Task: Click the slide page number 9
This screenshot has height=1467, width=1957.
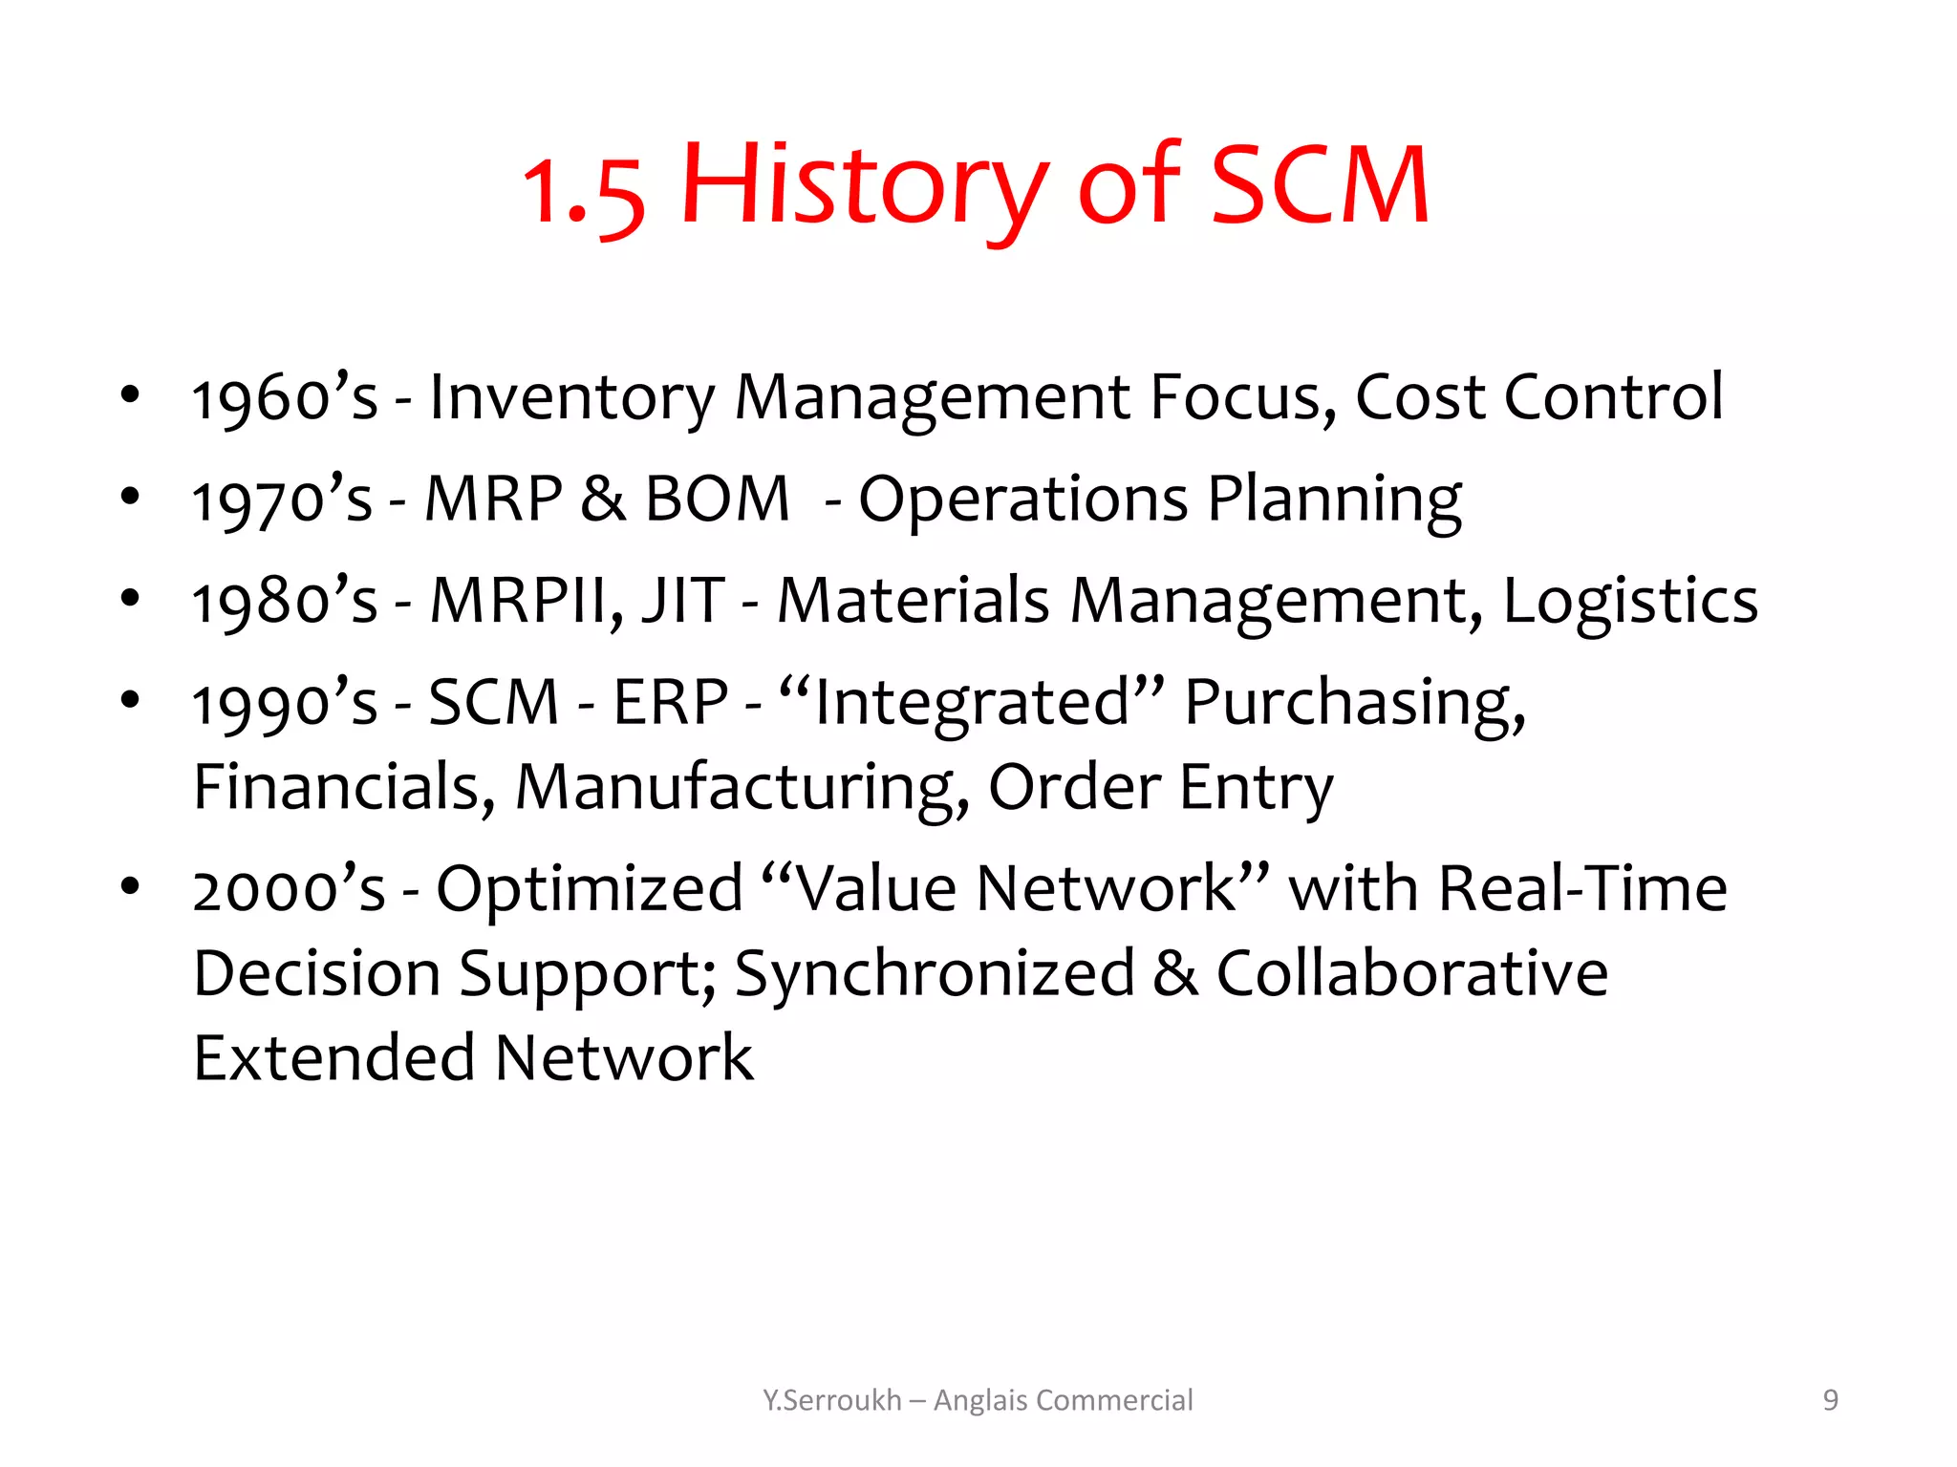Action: pyautogui.click(x=1830, y=1400)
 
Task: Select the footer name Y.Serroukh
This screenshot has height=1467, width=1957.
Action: pyautogui.click(x=831, y=1400)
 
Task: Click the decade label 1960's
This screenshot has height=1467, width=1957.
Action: pyautogui.click(x=285, y=398)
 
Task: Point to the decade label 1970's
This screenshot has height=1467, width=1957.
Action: pyautogui.click(x=282, y=500)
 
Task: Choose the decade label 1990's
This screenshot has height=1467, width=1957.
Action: pyautogui.click(x=285, y=704)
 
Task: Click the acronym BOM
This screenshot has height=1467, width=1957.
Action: pyautogui.click(x=717, y=500)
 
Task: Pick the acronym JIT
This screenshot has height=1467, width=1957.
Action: pyautogui.click(x=683, y=602)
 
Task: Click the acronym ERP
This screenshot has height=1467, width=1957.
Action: pyautogui.click(x=670, y=704)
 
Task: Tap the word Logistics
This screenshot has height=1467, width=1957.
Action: pyautogui.click(x=1630, y=602)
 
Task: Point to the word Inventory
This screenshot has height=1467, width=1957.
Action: pyautogui.click(x=571, y=398)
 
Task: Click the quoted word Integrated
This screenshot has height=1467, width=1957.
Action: pyautogui.click(x=972, y=704)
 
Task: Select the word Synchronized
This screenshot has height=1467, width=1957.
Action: pyautogui.click(x=934, y=974)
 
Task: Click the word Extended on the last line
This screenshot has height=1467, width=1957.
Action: pyautogui.click(x=333, y=1058)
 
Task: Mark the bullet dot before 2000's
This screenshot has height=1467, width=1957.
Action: pyautogui.click(x=130, y=886)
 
